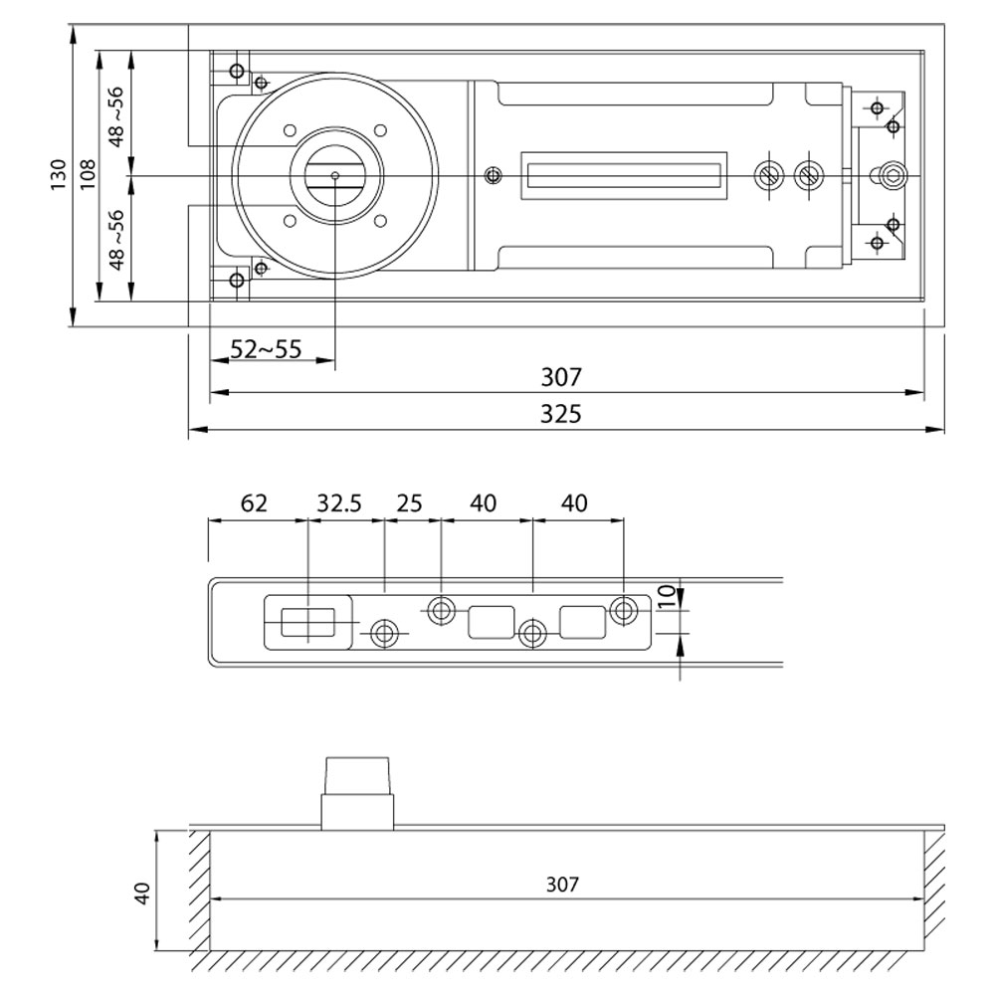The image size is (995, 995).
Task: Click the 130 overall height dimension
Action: click(58, 175)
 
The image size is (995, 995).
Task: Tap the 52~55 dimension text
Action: click(266, 349)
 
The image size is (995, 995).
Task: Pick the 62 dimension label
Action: click(254, 503)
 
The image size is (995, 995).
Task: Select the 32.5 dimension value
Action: click(339, 503)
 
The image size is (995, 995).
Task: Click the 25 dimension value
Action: click(409, 503)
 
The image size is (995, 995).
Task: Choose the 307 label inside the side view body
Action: click(561, 884)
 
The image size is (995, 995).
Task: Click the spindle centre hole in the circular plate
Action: click(335, 176)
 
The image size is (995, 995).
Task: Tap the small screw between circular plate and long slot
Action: click(492, 176)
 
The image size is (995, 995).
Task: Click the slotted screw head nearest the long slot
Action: click(768, 175)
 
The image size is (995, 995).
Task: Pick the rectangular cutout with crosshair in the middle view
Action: click(308, 623)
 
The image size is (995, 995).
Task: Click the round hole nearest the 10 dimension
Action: click(624, 610)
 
